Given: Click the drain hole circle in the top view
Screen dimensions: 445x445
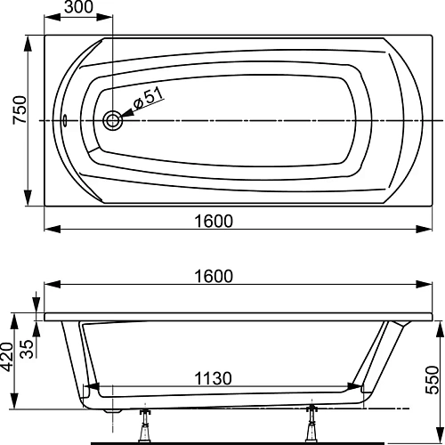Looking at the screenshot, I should (x=113, y=122).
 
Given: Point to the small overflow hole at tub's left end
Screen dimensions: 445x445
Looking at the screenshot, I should (x=64, y=122).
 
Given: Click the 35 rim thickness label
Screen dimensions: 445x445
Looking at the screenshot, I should (x=27, y=348).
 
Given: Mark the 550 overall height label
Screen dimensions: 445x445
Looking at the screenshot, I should (x=433, y=375).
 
